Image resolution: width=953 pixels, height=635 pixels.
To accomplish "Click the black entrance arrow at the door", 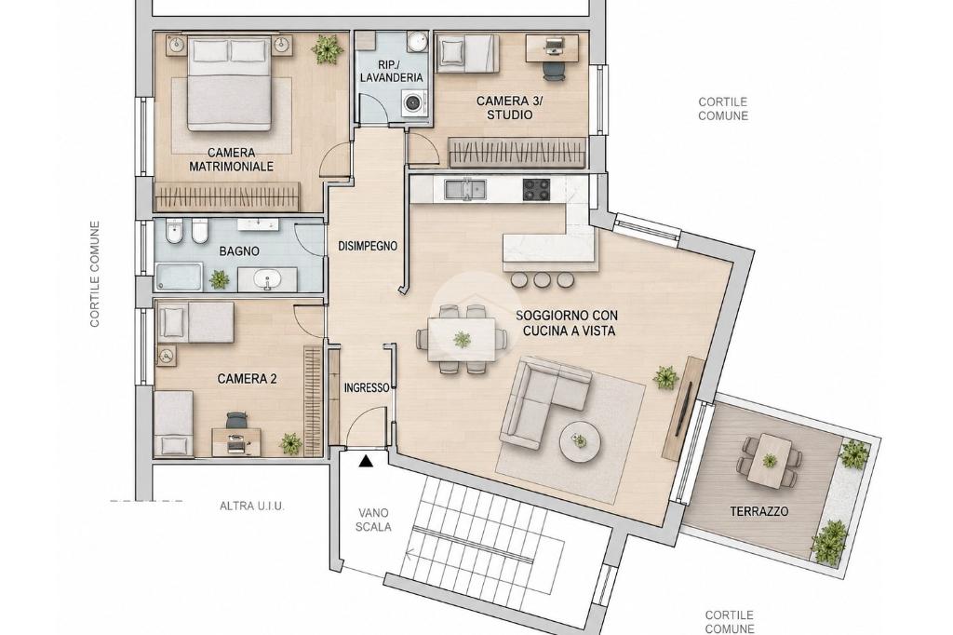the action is point(365,461).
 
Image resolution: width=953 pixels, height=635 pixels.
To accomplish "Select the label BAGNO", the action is point(239,250).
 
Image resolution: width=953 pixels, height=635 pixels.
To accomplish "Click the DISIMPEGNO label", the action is point(368,246).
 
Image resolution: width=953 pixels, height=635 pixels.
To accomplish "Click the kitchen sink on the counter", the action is point(465,189).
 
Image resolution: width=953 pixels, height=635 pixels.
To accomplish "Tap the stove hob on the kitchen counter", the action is point(537,189).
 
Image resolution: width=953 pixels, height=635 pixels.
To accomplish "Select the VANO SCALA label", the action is point(373,520).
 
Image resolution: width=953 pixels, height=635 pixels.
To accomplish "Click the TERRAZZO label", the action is point(759,511).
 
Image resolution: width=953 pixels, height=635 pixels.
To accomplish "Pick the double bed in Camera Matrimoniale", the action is point(229,83).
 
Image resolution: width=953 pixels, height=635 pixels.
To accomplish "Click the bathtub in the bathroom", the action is point(179,277).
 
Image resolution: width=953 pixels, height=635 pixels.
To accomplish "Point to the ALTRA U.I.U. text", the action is point(251,506).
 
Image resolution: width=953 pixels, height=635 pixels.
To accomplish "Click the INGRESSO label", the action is point(367,387).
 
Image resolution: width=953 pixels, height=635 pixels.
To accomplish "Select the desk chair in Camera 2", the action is point(237,420).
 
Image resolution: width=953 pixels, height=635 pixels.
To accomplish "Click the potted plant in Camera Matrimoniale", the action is point(327,49).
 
